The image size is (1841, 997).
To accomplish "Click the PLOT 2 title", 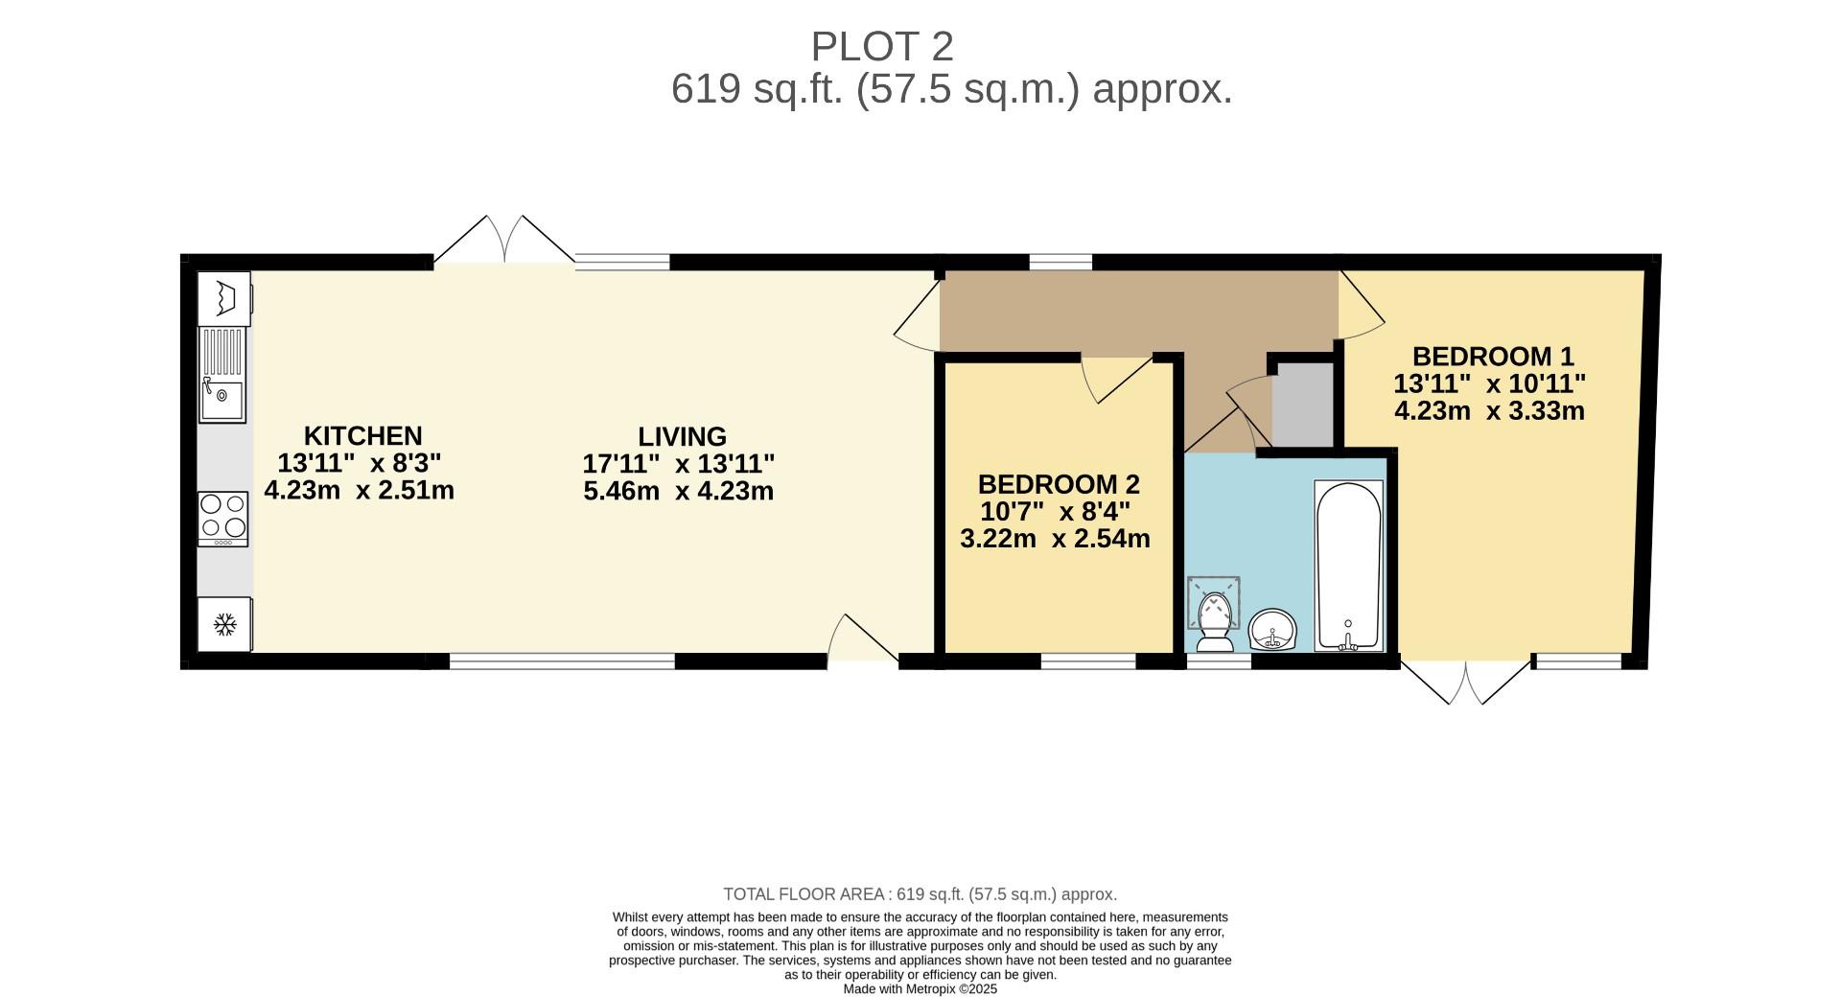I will [882, 46].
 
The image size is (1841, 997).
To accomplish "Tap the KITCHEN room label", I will [362, 436].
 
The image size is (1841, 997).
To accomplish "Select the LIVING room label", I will [682, 437].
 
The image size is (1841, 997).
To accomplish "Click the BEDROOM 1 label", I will [1493, 357].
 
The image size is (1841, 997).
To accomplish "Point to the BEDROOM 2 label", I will [1059, 484].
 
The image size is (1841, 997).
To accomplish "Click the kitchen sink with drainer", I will [222, 375].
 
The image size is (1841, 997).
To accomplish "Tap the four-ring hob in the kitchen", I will [222, 519].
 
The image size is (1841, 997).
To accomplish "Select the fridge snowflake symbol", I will [224, 625].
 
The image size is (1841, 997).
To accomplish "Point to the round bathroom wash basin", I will [1272, 630].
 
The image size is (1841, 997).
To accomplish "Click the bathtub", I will [1348, 566].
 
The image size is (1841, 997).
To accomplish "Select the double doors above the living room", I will [504, 240].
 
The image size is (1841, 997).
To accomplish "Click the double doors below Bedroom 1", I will [1466, 682].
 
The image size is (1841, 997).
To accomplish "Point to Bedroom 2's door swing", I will [1112, 379].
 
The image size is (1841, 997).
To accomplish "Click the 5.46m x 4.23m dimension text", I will [678, 492].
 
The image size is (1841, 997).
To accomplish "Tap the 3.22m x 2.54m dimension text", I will [1055, 539].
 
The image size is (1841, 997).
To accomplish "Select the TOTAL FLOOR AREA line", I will [920, 894].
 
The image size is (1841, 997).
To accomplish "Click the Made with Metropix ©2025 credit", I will [920, 989].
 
